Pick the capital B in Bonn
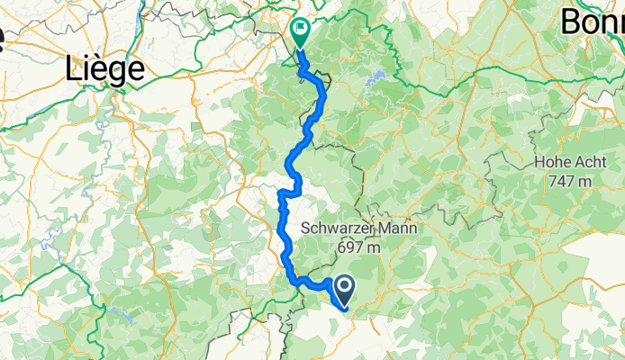pyautogui.click(x=573, y=22)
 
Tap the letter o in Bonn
pyautogui.click(x=594, y=23)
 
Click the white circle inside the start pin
pyautogui.click(x=345, y=285)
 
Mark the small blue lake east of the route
pyautogui.click(x=378, y=76)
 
